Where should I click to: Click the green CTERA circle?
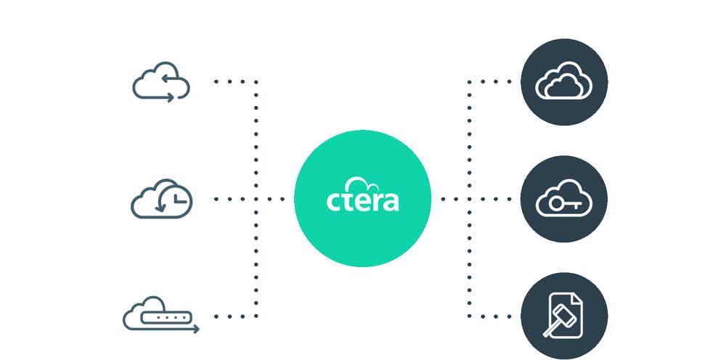(x=362, y=199)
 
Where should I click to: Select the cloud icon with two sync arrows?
(x=161, y=81)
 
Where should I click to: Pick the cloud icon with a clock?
(x=162, y=199)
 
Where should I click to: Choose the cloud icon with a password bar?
(x=161, y=315)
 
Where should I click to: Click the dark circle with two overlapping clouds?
(x=564, y=82)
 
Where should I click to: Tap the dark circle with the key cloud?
(x=564, y=199)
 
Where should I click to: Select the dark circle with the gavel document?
(x=564, y=316)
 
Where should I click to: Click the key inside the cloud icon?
(x=564, y=203)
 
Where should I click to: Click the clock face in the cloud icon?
(x=174, y=200)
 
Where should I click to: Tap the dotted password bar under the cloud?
(x=166, y=317)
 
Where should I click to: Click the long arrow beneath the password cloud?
(x=161, y=329)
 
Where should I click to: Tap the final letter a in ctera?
(x=391, y=202)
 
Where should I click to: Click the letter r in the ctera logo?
(x=377, y=202)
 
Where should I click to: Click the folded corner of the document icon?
(x=577, y=298)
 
